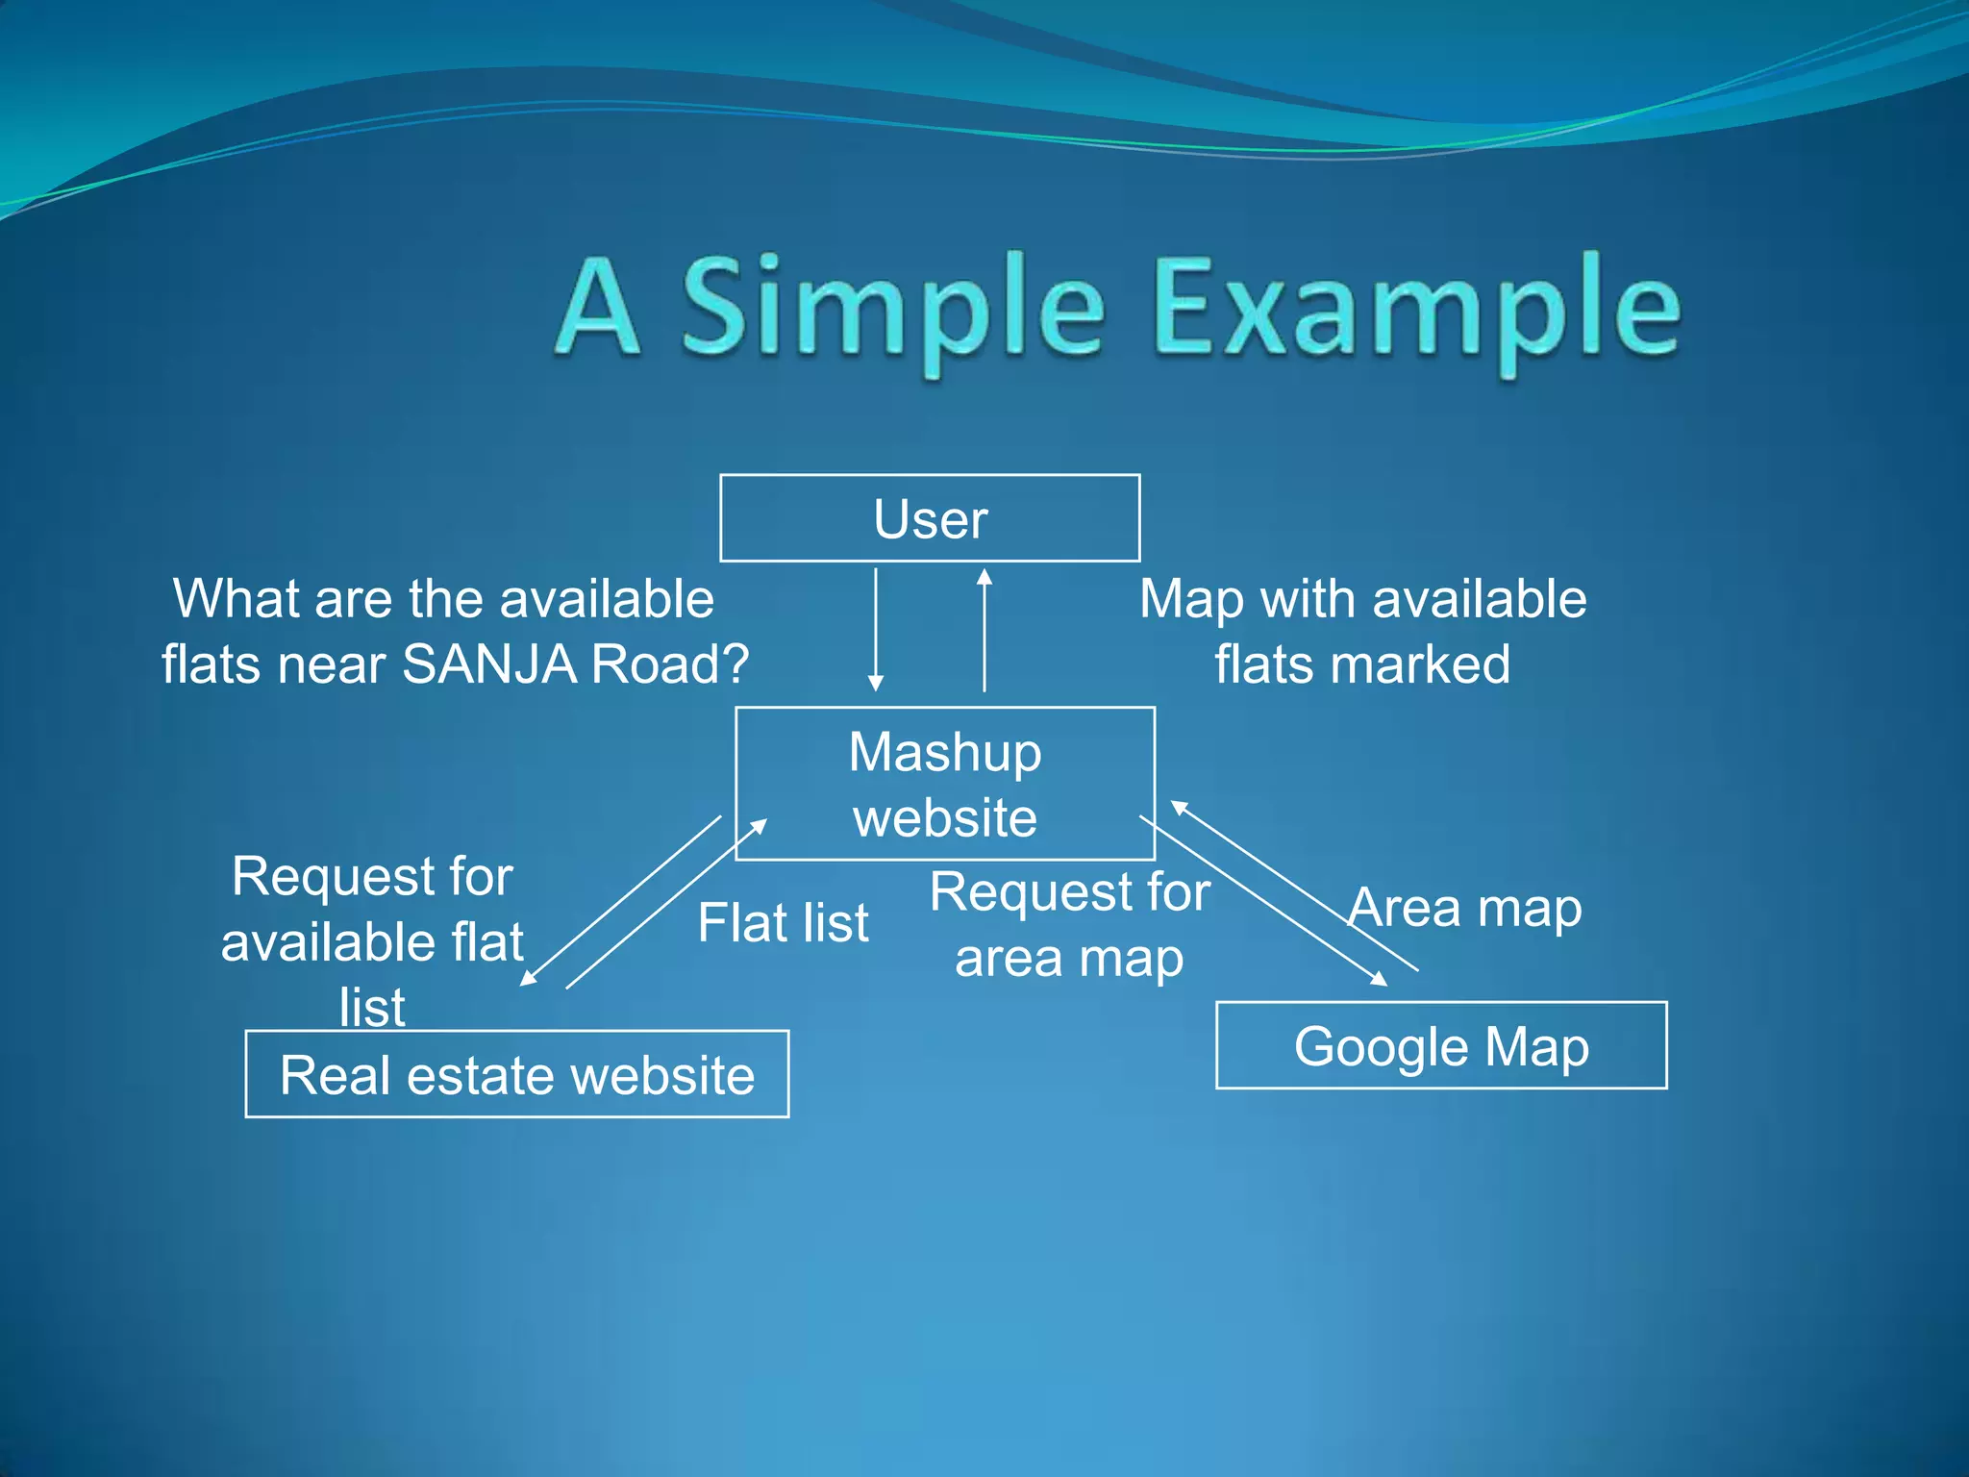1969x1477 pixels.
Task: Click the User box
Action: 930,518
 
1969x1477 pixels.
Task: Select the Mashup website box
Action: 945,784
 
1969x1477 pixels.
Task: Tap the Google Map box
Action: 1441,1045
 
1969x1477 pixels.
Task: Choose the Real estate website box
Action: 517,1074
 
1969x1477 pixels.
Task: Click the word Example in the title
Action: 1416,309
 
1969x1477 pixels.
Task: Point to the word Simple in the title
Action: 893,309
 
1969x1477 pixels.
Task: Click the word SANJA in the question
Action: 488,663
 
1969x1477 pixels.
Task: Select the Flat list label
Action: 783,923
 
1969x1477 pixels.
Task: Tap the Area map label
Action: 1465,908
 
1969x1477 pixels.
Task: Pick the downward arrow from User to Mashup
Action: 876,630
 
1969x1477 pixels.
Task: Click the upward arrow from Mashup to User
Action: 984,630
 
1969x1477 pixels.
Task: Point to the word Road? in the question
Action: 669,663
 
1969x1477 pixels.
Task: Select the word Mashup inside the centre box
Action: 945,752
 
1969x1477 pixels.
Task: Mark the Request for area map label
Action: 1069,925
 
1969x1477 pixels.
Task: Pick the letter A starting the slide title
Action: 597,309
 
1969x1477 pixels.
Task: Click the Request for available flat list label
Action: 372,940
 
